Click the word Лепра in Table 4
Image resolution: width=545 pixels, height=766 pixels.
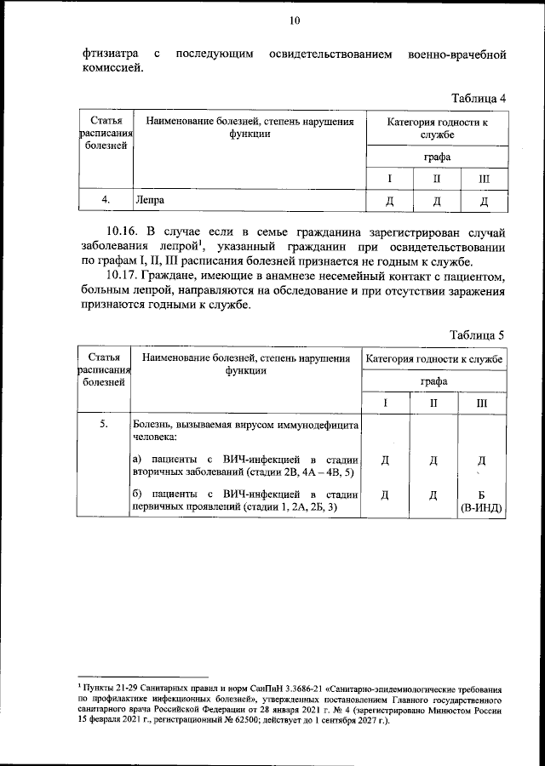147,201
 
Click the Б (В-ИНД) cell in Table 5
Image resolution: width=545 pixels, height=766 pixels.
481,501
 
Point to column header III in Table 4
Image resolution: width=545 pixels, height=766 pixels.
483,180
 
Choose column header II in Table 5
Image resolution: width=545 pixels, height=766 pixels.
434,403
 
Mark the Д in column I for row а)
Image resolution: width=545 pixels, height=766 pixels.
385,460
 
